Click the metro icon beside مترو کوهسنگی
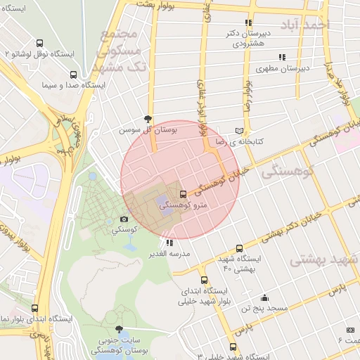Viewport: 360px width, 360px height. tap(184, 194)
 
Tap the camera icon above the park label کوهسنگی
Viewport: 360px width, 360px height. tap(124, 219)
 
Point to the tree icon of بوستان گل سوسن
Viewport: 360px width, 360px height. tap(147, 119)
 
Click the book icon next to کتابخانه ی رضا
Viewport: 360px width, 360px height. tap(240, 131)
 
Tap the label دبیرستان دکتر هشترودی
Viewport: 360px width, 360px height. tap(246, 38)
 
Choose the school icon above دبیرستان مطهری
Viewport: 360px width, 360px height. tap(282, 57)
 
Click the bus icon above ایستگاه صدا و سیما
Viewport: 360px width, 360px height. tap(73, 74)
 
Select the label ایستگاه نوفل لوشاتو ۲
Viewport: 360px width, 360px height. tap(35, 53)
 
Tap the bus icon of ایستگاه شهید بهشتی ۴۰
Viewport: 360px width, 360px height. tap(240, 248)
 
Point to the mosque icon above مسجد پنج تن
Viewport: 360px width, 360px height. tap(264, 297)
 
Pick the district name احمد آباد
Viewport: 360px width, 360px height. tap(304, 25)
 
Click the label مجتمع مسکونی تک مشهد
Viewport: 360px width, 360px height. tap(122, 51)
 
